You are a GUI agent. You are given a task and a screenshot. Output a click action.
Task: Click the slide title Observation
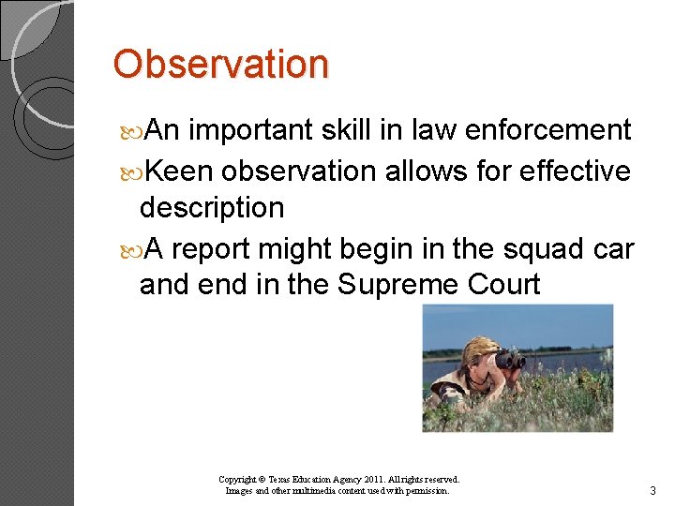point(221,65)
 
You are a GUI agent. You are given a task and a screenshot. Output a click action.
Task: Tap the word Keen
point(180,171)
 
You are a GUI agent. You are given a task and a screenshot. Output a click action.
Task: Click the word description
point(211,207)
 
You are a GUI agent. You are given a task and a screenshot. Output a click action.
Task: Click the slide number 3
point(652,491)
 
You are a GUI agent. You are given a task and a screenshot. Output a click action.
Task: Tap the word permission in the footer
point(427,490)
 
